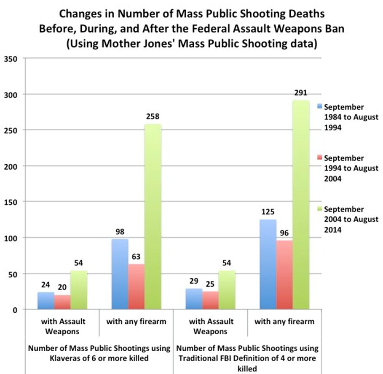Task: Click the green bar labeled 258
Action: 153,217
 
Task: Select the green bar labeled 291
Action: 301,205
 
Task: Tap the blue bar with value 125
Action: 268,265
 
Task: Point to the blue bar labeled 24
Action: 46,301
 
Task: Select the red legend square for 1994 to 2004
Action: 320,158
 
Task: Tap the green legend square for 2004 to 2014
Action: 320,209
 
